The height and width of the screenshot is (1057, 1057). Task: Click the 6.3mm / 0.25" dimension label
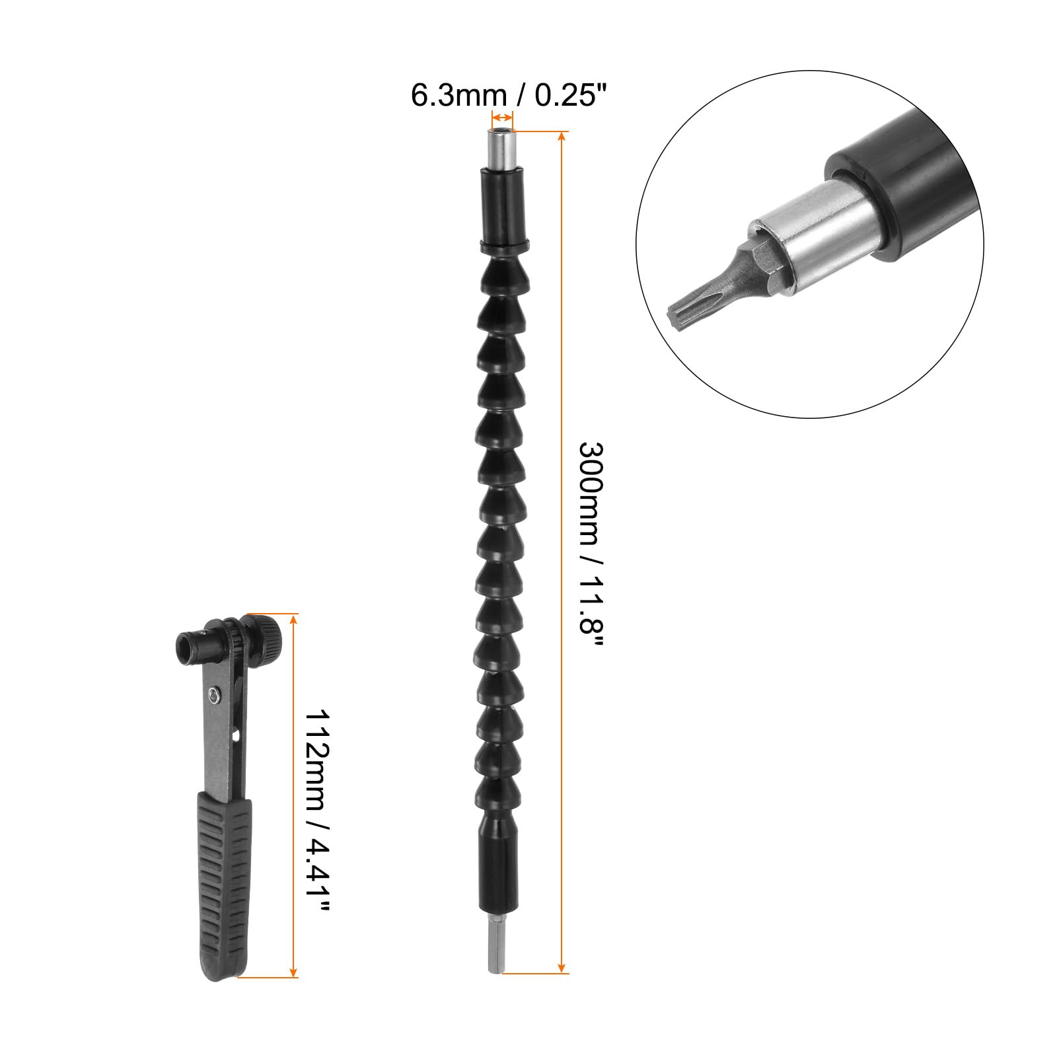[508, 94]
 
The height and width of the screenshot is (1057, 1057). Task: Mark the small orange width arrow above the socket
[502, 118]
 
